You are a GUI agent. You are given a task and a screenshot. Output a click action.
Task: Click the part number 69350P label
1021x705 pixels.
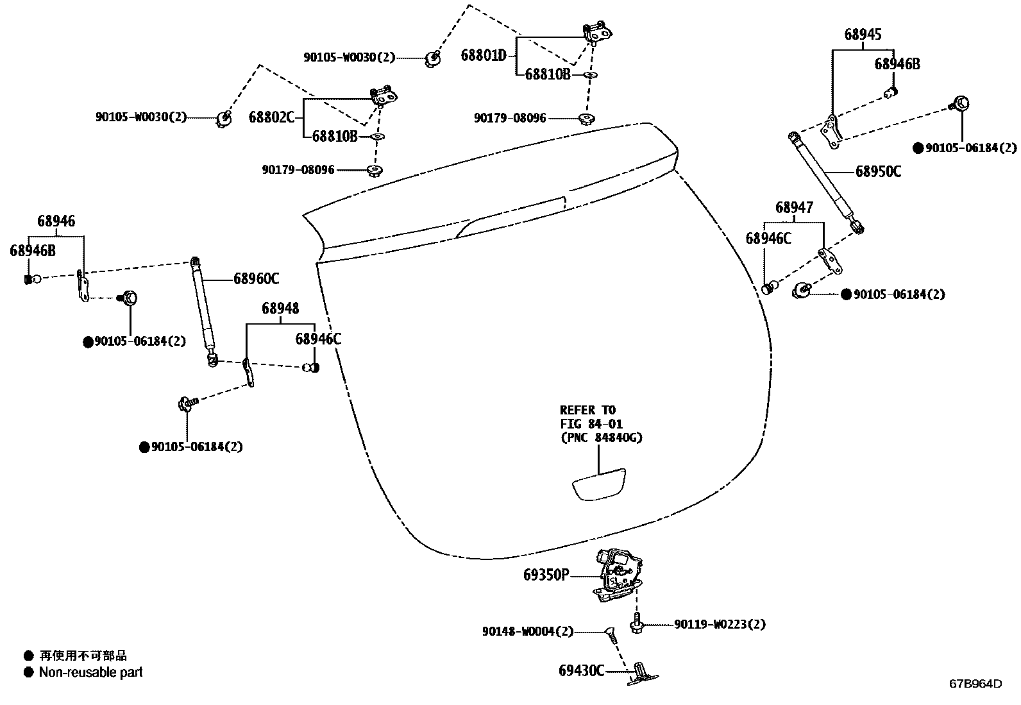(x=546, y=575)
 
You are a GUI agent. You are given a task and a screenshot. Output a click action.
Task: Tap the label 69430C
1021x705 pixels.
(x=581, y=670)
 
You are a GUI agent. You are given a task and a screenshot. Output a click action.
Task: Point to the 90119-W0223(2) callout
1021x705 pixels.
(x=720, y=624)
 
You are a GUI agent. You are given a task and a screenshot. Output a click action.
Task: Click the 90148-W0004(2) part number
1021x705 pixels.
(x=527, y=632)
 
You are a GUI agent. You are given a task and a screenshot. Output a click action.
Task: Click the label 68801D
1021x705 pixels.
(x=484, y=55)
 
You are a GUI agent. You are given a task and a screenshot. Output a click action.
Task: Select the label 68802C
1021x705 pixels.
(x=271, y=117)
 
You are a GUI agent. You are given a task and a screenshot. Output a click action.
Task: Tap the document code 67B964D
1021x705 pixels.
(x=975, y=683)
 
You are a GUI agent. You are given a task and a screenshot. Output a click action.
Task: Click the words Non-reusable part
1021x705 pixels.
(x=90, y=672)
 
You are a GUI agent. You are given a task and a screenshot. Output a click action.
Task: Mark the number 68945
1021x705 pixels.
(x=863, y=35)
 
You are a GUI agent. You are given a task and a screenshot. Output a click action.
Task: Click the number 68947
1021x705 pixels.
(x=794, y=207)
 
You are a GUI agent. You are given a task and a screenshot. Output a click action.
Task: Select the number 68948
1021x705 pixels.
(x=280, y=309)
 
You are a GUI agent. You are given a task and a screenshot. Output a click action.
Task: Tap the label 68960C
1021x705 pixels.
(x=256, y=278)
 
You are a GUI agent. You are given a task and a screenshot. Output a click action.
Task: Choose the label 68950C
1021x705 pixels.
(x=878, y=171)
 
